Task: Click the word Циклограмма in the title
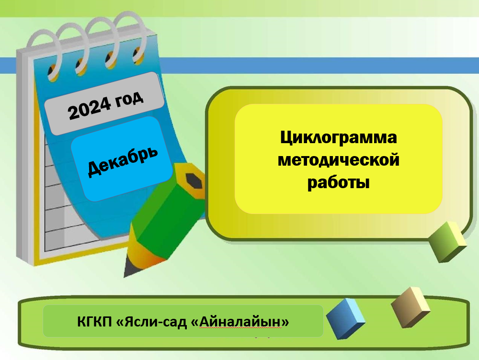click(x=339, y=138)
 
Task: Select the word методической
click(x=339, y=160)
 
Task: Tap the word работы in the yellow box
click(x=339, y=183)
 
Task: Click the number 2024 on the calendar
click(x=90, y=108)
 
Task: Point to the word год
click(x=129, y=98)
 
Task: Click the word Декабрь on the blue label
click(x=123, y=161)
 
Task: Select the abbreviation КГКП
click(x=94, y=322)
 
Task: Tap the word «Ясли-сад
click(x=151, y=322)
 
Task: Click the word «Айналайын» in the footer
click(x=240, y=322)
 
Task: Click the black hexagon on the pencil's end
click(x=194, y=181)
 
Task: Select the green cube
click(x=447, y=242)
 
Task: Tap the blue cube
click(x=345, y=319)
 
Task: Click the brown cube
click(x=411, y=307)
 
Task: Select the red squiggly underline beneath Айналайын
click(x=240, y=328)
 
